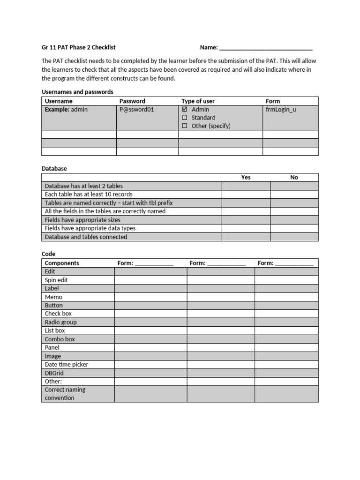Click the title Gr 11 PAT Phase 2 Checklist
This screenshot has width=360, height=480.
[79, 47]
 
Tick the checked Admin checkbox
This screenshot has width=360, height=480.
[185, 109]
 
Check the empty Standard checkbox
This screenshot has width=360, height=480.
[185, 118]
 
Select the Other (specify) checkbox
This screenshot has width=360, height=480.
[185, 126]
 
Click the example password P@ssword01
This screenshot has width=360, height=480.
[136, 109]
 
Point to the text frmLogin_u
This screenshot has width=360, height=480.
[281, 109]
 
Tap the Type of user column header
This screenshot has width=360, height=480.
[198, 101]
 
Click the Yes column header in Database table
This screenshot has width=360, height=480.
[246, 177]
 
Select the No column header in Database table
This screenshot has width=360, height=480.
[294, 177]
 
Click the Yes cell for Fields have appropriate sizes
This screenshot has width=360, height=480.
[246, 220]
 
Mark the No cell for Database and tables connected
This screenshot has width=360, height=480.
[294, 237]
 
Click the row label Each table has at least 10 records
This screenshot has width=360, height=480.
[89, 194]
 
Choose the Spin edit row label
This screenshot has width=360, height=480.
[56, 280]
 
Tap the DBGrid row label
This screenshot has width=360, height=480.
[54, 373]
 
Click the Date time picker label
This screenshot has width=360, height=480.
[66, 364]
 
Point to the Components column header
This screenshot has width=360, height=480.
[62, 263]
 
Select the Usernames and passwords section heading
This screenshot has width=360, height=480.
[77, 92]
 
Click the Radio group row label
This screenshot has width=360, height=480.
[60, 322]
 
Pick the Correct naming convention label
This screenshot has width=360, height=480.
[65, 394]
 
